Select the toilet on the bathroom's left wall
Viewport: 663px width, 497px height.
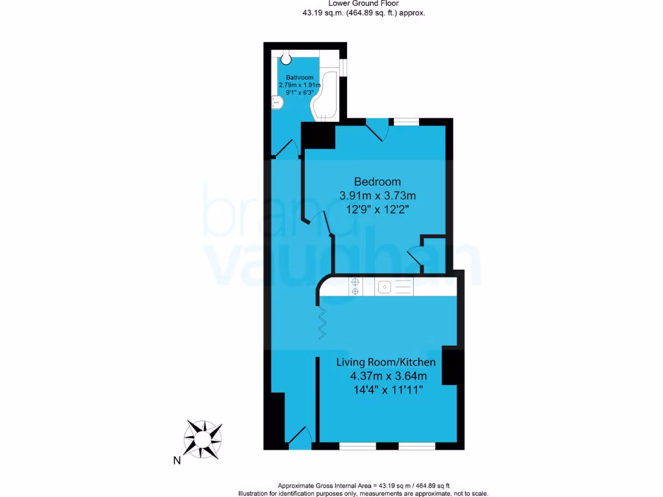pos(276,103)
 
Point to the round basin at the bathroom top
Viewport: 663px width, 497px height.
pos(286,60)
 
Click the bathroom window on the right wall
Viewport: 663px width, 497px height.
pos(344,68)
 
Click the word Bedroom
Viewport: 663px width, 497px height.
pos(377,182)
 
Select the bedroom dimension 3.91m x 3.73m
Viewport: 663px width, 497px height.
pos(377,195)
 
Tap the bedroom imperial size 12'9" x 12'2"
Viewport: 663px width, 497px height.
pos(377,210)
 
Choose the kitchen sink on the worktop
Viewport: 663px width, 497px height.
pos(385,285)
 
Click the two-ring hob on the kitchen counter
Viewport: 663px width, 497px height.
pos(355,286)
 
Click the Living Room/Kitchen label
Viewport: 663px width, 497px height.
pos(385,362)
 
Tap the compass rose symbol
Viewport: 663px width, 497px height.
pos(203,439)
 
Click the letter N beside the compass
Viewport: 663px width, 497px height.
pos(176,461)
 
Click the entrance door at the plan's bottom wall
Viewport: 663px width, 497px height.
pos(299,438)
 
